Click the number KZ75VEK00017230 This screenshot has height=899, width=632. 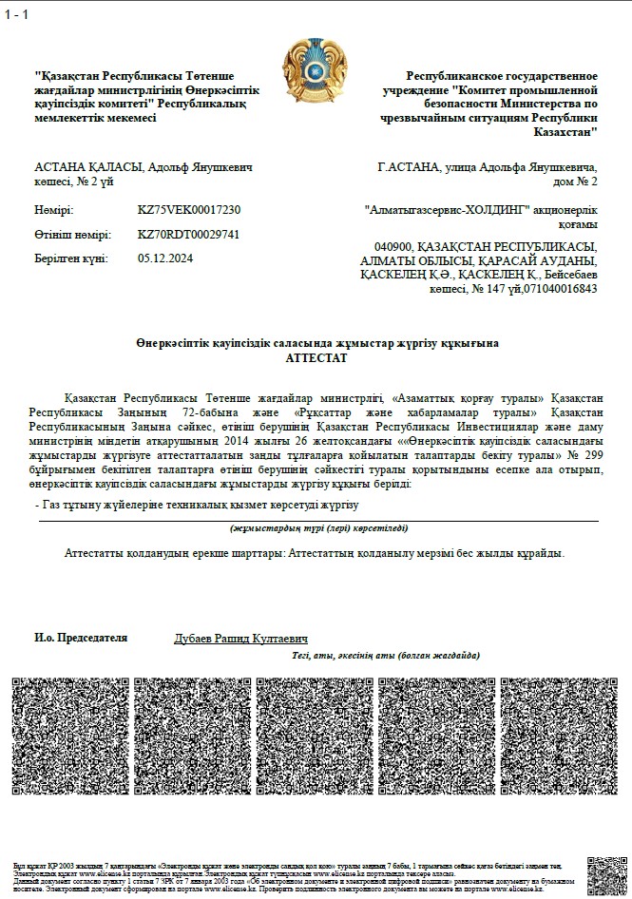click(189, 210)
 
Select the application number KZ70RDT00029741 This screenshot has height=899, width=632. click(189, 234)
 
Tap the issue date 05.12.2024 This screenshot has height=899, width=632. click(165, 258)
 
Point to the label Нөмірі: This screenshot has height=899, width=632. click(53, 210)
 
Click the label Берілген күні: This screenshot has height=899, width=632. click(71, 258)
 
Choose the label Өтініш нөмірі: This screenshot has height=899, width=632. click(72, 234)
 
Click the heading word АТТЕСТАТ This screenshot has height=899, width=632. click(316, 359)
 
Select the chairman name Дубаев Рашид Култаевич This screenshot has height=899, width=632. click(240, 639)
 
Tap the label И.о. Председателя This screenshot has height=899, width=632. click(81, 639)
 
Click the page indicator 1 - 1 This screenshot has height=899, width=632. click(16, 15)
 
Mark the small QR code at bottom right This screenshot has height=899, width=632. click(606, 875)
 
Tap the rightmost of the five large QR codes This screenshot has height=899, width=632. click(559, 736)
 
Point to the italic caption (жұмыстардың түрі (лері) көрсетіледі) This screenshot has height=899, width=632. click(317, 528)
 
